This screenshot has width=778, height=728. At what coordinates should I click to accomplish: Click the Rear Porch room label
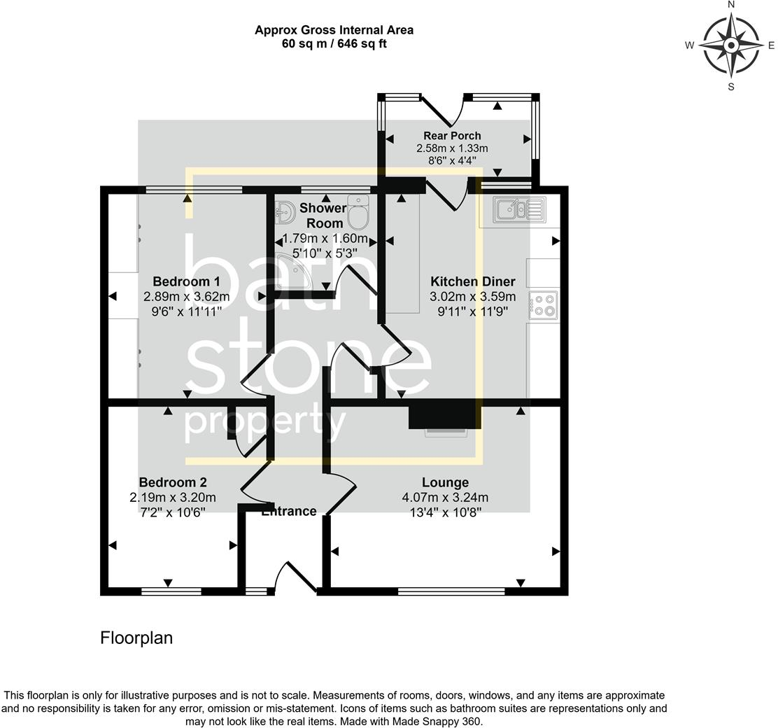(x=452, y=136)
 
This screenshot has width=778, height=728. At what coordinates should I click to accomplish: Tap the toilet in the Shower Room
(x=358, y=213)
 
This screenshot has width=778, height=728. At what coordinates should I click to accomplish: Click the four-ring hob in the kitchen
(x=543, y=304)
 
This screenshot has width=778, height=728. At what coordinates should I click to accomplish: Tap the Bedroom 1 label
(x=172, y=281)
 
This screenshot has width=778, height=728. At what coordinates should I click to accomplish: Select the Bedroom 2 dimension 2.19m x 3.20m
(x=172, y=498)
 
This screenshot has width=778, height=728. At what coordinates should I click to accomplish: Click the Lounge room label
(x=445, y=482)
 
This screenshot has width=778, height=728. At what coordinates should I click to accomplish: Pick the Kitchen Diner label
(x=472, y=281)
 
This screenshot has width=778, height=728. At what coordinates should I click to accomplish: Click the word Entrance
(x=289, y=512)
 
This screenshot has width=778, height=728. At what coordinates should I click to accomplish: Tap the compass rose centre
(x=731, y=46)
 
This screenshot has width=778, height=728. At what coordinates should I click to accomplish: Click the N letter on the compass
(x=731, y=5)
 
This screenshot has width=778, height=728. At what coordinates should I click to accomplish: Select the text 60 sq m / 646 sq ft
(x=334, y=43)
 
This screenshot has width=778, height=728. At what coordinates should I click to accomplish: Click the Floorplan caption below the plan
(x=136, y=638)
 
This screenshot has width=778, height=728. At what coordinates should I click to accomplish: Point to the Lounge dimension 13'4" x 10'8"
(x=445, y=512)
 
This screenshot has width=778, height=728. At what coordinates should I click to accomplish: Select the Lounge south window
(x=451, y=591)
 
